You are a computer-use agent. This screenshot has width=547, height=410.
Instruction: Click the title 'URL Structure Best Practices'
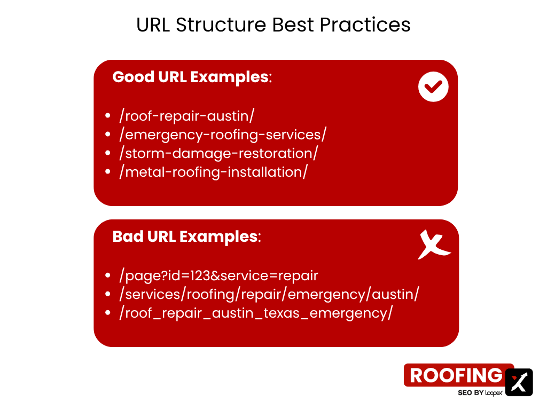click(x=273, y=25)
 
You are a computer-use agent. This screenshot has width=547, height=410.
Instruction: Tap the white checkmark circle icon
click(x=433, y=87)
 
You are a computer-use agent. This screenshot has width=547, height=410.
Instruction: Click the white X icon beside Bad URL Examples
click(x=434, y=245)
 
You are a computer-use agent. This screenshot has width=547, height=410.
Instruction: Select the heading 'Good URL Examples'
click(x=192, y=77)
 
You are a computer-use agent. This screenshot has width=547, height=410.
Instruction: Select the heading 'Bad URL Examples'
click(x=186, y=236)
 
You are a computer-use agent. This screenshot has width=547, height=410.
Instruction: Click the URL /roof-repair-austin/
click(x=186, y=116)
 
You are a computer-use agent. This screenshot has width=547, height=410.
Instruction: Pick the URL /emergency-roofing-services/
click(x=223, y=135)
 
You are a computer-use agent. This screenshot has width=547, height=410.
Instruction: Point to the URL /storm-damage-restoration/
click(x=218, y=153)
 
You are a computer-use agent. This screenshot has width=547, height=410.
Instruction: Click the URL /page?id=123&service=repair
click(x=218, y=275)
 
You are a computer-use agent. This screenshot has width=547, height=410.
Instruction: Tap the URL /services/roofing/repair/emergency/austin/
click(x=269, y=294)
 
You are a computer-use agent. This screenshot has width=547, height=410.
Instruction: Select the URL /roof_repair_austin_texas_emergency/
click(x=256, y=313)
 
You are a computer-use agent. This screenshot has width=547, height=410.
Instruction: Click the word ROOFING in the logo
click(x=456, y=375)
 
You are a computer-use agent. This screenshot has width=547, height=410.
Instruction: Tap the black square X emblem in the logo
click(x=519, y=382)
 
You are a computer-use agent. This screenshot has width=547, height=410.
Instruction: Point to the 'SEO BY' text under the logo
click(x=470, y=393)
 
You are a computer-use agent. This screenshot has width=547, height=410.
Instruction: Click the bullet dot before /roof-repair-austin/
click(x=108, y=116)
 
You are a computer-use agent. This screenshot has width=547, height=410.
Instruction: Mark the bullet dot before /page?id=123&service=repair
click(x=108, y=275)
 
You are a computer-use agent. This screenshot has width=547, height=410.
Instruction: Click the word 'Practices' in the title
click(x=365, y=25)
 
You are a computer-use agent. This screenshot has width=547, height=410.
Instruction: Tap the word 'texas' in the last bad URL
click(x=282, y=313)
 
